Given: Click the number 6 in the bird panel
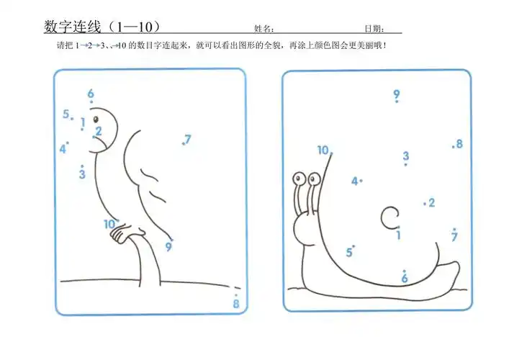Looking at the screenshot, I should (91, 94).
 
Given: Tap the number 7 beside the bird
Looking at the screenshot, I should (188, 139).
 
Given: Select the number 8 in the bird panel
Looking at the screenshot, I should (236, 304).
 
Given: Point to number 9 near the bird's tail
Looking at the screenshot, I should (168, 247).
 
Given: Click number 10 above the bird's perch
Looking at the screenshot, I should (109, 224).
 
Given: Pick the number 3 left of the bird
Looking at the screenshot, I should (82, 174).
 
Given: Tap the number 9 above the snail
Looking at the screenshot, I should (397, 94).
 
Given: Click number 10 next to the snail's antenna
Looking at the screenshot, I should (323, 150).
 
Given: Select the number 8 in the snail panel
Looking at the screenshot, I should (459, 144).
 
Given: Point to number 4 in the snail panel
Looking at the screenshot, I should (354, 181).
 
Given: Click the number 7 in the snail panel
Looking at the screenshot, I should (454, 237).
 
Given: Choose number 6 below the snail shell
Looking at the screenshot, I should (405, 278).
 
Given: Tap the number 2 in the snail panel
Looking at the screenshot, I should (431, 203).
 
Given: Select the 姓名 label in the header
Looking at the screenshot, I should (263, 30).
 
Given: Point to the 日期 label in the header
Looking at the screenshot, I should (372, 30).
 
